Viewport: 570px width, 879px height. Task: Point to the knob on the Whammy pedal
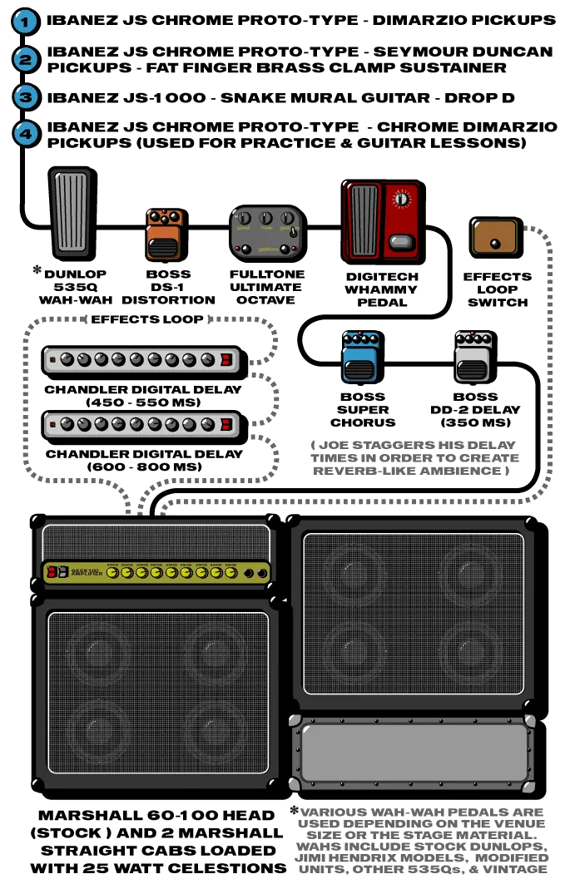[404, 200]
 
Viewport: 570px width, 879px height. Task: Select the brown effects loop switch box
[497, 237]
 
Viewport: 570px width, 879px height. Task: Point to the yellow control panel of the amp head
[158, 572]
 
